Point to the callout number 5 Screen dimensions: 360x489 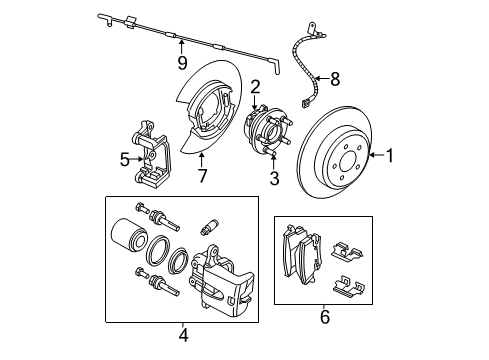click(x=125, y=158)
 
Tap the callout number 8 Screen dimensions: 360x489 click(x=335, y=77)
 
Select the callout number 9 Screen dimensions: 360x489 click(x=182, y=63)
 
